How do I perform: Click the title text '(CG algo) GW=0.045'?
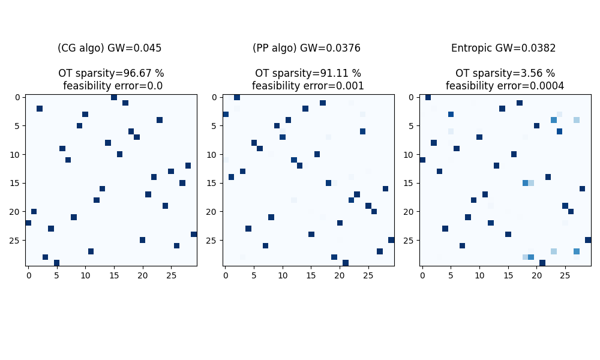110,49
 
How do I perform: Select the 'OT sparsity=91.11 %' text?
308,73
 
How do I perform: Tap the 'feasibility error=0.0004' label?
505,86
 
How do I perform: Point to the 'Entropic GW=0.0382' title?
503,49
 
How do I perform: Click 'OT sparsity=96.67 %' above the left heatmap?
111,73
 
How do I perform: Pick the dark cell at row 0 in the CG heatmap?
114,97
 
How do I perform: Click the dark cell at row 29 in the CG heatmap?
56,263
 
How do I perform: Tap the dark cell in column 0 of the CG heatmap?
28,223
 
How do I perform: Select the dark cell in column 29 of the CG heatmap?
194,234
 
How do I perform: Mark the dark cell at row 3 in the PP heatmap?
226,114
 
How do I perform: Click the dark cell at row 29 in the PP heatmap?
346,263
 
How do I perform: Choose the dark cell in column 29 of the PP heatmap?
391,240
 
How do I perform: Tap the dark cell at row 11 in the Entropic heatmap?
422,160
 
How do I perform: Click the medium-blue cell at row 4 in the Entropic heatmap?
554,120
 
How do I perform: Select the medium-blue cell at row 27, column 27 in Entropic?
577,251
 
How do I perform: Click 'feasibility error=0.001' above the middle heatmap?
308,86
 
